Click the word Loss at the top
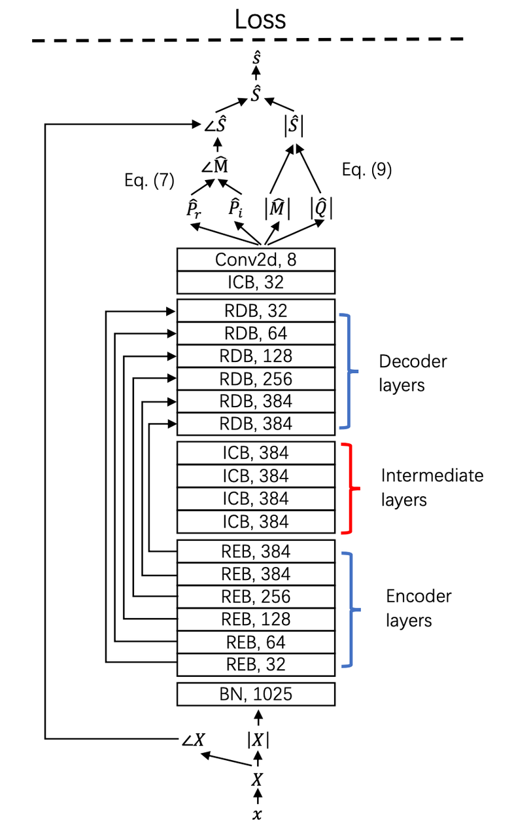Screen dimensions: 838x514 pos(260,19)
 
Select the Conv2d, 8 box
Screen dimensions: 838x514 pos(256,260)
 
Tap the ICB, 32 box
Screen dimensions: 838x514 pos(256,283)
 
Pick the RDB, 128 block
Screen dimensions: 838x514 pos(256,356)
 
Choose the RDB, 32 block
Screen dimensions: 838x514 pos(256,311)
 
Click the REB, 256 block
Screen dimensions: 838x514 pos(256,596)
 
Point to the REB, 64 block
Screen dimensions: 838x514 pos(256,642)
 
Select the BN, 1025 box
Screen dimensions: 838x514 pos(256,694)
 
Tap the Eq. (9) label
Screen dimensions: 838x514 pos(367,170)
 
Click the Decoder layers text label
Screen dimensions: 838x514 pos(413,373)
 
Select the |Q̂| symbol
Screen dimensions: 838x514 pos(321,209)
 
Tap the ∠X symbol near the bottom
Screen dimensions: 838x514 pos(194,740)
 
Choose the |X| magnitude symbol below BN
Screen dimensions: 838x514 pos(258,740)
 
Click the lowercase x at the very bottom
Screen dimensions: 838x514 pos(258,814)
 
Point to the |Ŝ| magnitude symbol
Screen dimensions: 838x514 pos(293,124)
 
